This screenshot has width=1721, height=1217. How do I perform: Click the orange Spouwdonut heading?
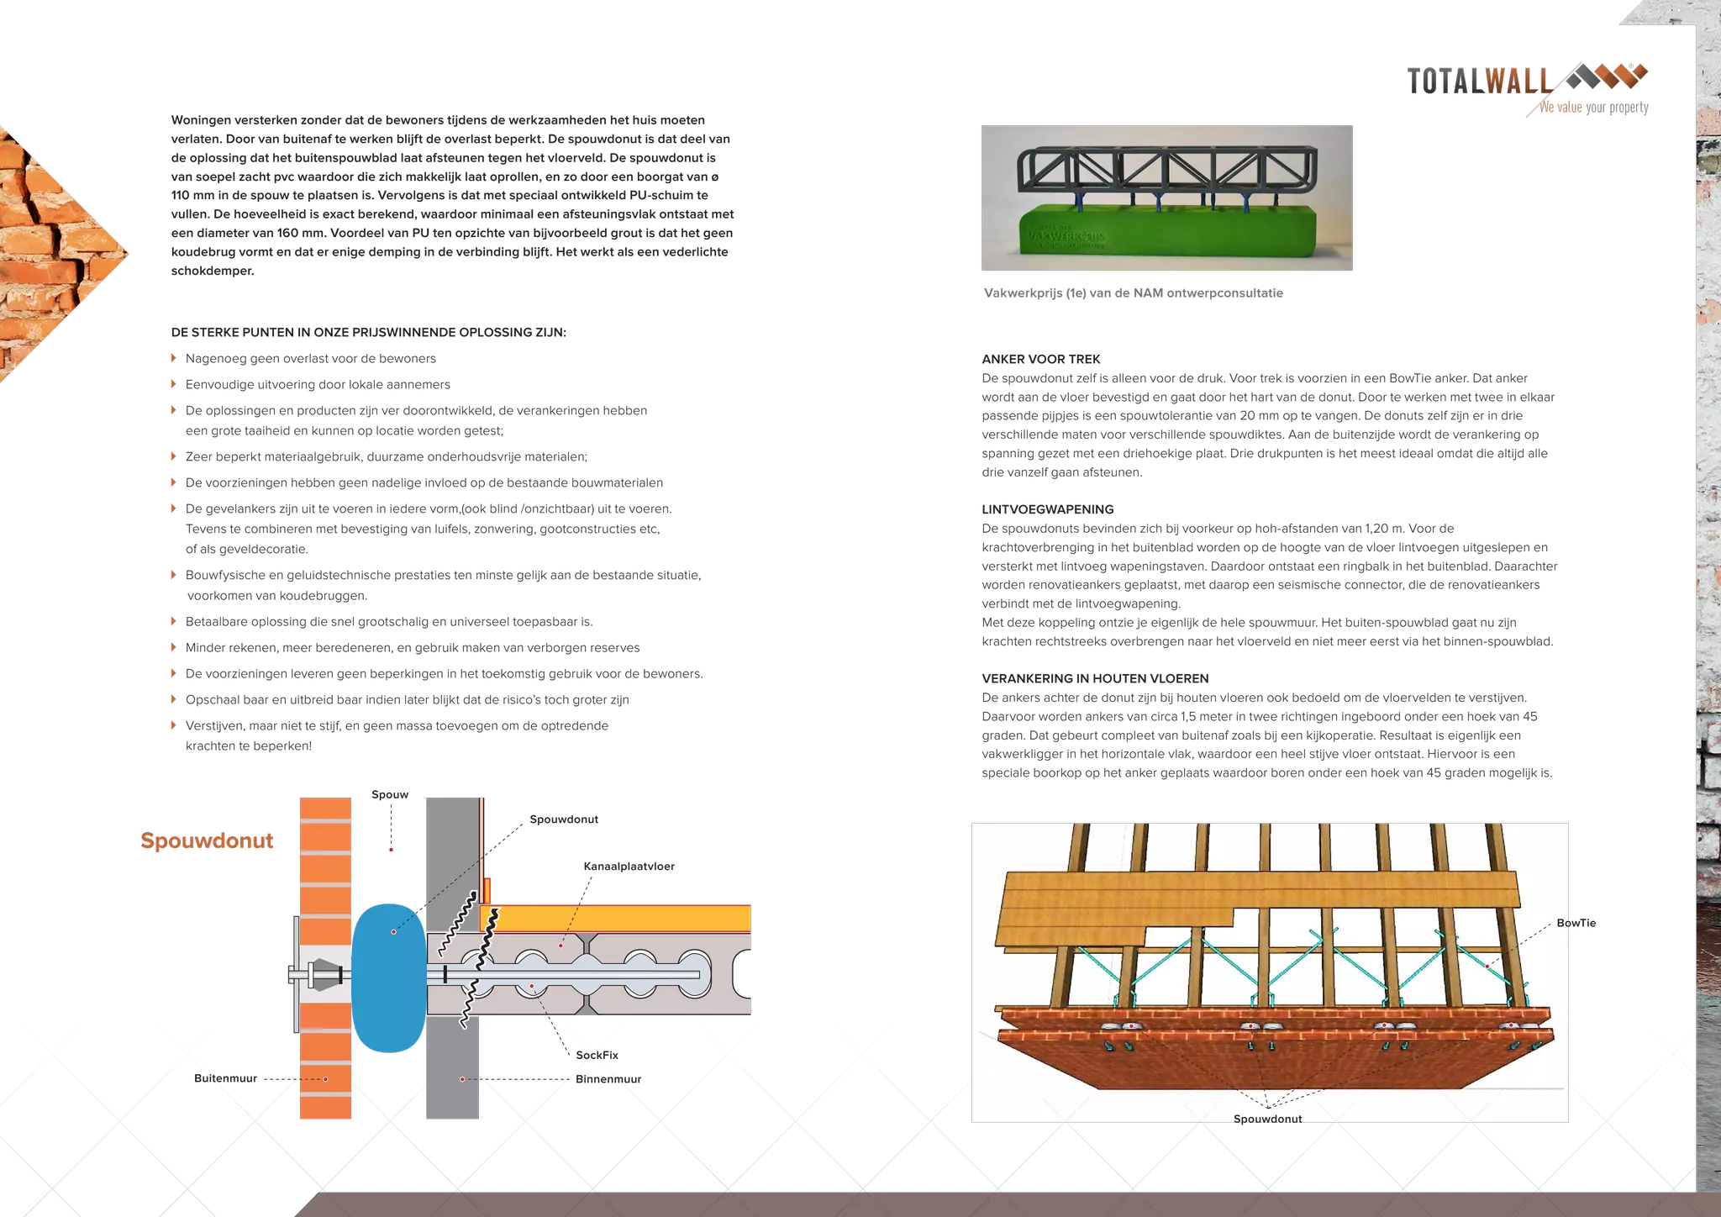click(x=208, y=840)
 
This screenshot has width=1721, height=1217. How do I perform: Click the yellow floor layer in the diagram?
click(x=622, y=918)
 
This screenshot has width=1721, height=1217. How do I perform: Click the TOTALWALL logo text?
click(x=1478, y=82)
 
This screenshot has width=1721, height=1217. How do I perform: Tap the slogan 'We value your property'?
click(x=1593, y=108)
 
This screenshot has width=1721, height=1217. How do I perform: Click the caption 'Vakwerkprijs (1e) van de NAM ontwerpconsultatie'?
click(x=1132, y=293)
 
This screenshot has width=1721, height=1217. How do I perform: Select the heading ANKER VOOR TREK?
click(x=1041, y=359)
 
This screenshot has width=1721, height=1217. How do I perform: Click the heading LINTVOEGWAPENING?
click(x=1048, y=509)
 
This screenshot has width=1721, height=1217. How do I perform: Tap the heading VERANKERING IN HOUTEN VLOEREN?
click(x=1095, y=678)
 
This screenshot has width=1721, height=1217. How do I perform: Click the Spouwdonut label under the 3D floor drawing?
click(x=1267, y=1119)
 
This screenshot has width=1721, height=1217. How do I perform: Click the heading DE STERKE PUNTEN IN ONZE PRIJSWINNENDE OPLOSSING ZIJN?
click(x=368, y=332)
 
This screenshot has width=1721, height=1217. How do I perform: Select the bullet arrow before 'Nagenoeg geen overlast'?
click(x=175, y=358)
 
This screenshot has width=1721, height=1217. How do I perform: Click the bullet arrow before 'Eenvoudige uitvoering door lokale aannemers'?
click(x=175, y=384)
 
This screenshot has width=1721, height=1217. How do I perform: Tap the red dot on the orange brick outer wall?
click(x=325, y=1079)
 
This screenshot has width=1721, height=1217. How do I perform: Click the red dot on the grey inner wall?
click(x=461, y=1079)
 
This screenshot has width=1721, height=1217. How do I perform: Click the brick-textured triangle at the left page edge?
click(x=50, y=252)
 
